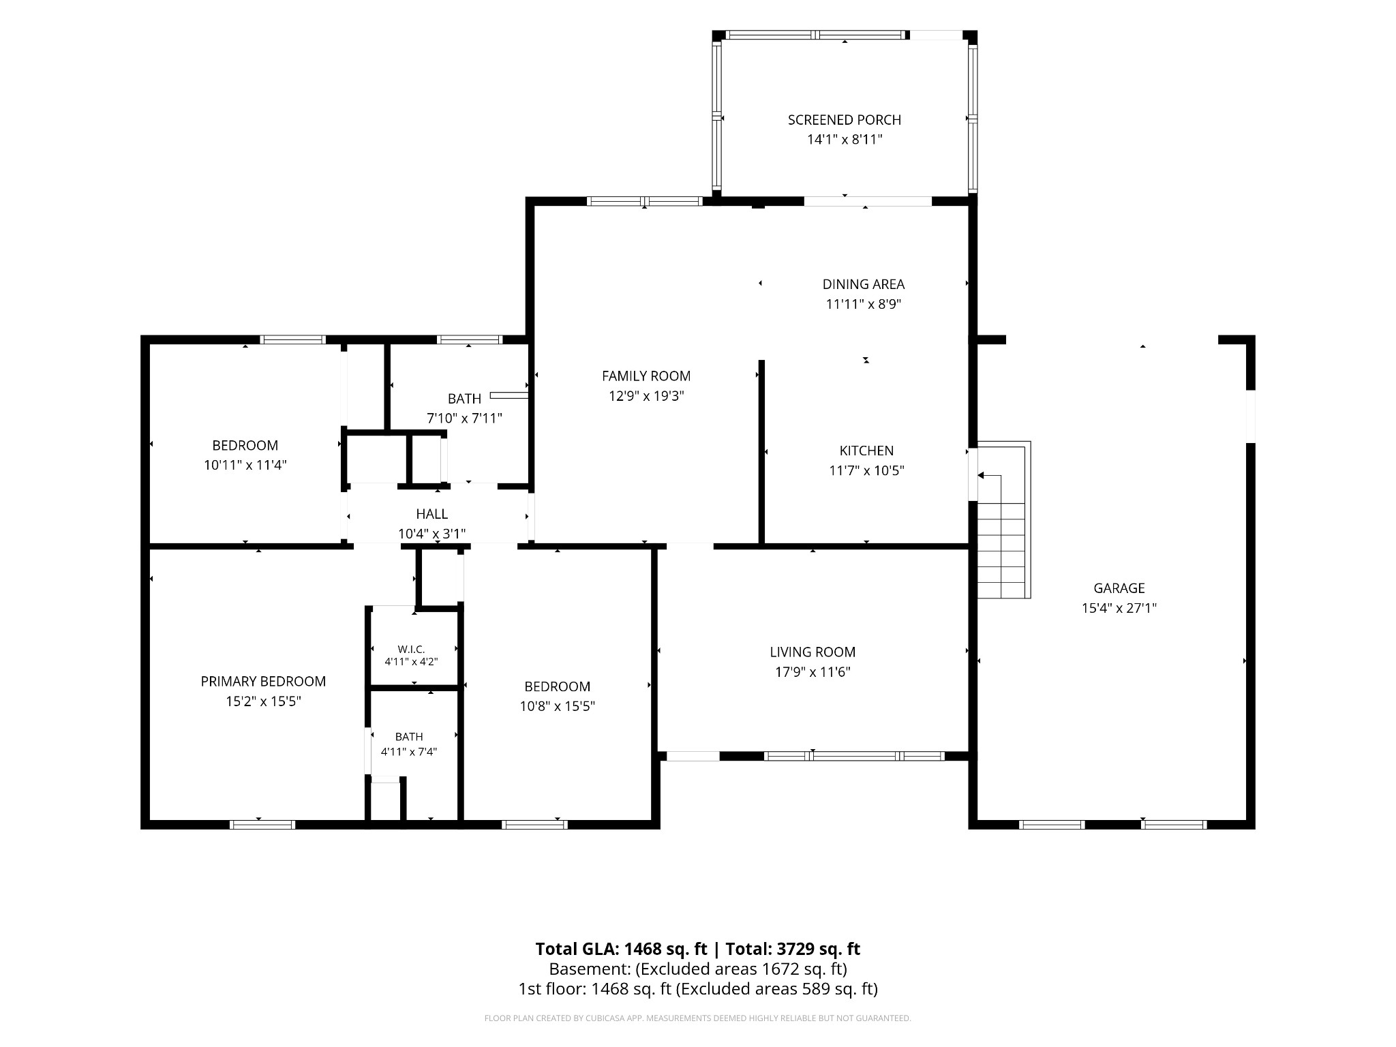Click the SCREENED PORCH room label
coord(845,120)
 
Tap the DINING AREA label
coord(864,284)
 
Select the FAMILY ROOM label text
coord(646,376)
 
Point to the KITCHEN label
coord(866,451)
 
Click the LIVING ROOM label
coord(813,652)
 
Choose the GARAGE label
coord(1119,588)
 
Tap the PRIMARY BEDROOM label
coord(263,682)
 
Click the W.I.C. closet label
coord(411,650)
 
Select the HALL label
coord(432,514)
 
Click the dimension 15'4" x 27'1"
coord(1119,608)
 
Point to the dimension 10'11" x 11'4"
coord(245,466)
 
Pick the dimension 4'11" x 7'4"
coord(409,752)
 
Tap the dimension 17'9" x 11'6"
coord(813,672)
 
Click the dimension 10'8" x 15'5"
coord(558,706)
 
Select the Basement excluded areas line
coord(698,969)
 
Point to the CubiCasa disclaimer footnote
coord(698,1018)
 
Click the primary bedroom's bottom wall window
coord(262,825)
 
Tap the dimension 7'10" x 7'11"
coord(464,419)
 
